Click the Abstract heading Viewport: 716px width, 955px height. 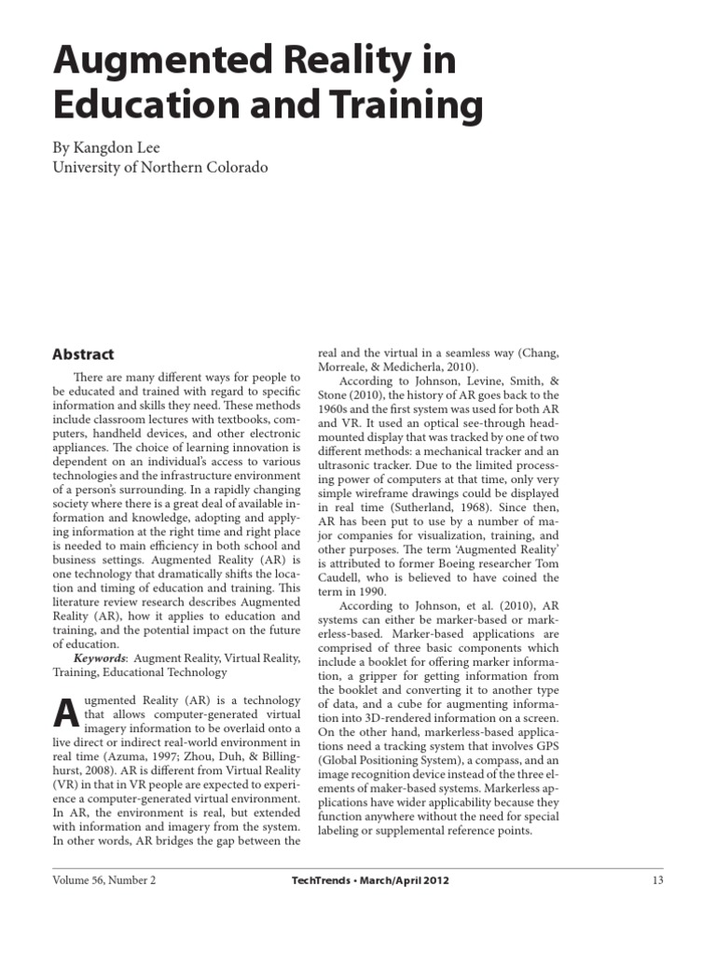click(x=83, y=354)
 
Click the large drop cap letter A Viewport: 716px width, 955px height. click(x=66, y=713)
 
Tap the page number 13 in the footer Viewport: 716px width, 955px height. click(x=656, y=879)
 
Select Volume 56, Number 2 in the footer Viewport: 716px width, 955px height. click(x=104, y=879)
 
